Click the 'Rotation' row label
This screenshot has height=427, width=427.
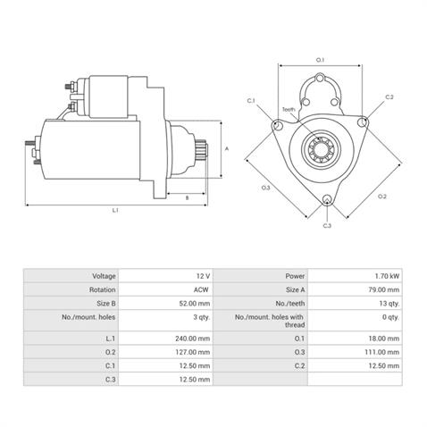[102, 289]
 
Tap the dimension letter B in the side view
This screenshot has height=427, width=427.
[186, 197]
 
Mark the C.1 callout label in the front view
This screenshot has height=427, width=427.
[251, 100]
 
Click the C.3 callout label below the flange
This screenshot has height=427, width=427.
[327, 225]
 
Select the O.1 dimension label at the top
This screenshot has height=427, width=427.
[321, 59]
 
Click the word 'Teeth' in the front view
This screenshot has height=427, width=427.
[289, 109]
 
